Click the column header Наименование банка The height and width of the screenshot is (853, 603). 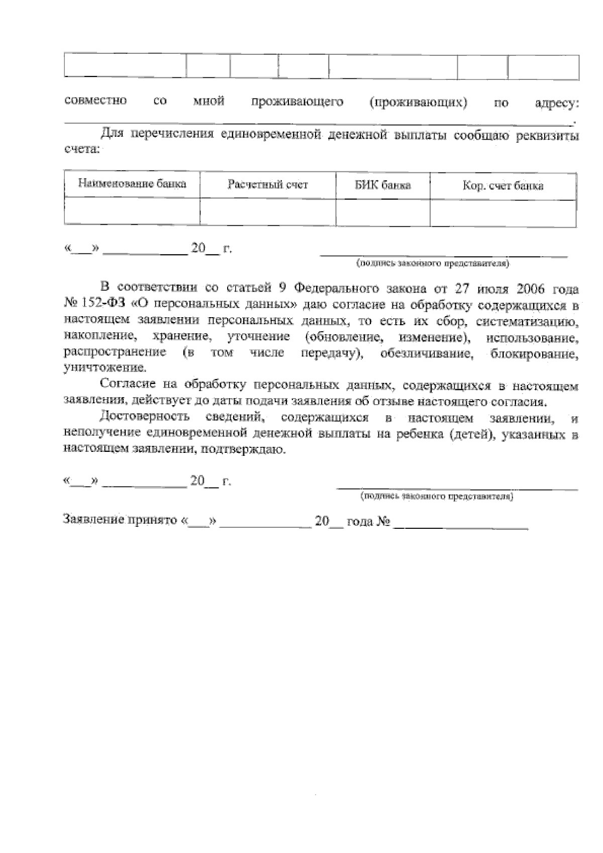[132, 184]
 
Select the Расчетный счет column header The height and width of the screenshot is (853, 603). [267, 185]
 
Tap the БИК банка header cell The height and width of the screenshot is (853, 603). [382, 185]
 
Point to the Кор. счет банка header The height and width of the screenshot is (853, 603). [502, 186]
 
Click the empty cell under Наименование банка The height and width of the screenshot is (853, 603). [132, 212]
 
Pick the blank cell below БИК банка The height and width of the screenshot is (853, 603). [382, 213]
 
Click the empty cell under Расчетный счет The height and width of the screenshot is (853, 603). [267, 212]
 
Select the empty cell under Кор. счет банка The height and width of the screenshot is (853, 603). [502, 213]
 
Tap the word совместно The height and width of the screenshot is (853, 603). [95, 101]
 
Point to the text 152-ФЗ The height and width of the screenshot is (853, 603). [98, 305]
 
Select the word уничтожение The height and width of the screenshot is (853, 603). [105, 368]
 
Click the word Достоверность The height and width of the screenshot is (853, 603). [145, 417]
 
